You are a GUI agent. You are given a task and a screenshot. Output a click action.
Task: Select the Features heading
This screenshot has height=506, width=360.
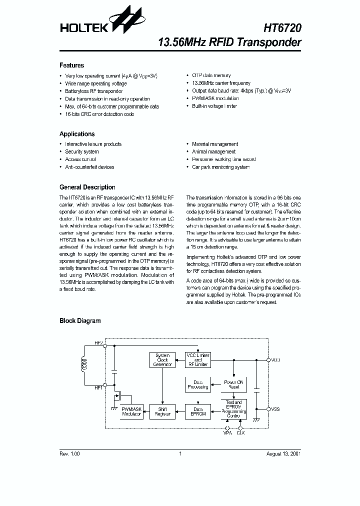[x=72, y=65]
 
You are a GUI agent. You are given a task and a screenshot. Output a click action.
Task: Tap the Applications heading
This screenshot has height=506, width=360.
[x=77, y=134]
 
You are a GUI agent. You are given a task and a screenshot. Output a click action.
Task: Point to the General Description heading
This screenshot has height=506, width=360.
[x=87, y=187]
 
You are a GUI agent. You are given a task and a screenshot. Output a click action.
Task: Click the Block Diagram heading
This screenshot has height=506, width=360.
[x=80, y=321]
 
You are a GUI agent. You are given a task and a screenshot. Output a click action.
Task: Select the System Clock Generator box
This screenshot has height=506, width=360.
[x=162, y=360]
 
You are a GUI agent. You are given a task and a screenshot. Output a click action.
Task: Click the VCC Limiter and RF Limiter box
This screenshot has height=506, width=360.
[x=198, y=360]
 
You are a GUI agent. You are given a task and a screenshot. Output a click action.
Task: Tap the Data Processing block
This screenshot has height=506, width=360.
[x=198, y=384]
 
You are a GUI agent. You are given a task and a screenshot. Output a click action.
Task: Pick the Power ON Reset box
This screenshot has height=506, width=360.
[x=233, y=384]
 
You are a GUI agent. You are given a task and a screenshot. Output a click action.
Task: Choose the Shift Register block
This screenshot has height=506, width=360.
[x=162, y=411]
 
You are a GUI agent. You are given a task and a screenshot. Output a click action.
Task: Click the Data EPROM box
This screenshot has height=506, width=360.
[x=198, y=411]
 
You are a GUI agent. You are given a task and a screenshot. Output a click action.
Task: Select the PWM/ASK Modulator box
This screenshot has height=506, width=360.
[x=132, y=411]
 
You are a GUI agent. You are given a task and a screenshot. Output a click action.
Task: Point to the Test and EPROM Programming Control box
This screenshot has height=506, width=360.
[x=233, y=409]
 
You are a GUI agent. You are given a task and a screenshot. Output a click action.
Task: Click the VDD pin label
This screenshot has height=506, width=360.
[x=275, y=359]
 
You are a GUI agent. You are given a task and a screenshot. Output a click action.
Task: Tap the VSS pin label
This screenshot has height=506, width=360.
[x=275, y=409]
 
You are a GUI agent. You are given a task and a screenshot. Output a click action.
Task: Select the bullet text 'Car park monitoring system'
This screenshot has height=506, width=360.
[x=220, y=167]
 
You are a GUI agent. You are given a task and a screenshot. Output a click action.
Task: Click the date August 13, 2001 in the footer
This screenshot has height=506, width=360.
[x=283, y=453]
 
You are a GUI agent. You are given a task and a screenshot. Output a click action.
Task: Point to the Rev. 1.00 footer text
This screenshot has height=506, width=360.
[x=69, y=453]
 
